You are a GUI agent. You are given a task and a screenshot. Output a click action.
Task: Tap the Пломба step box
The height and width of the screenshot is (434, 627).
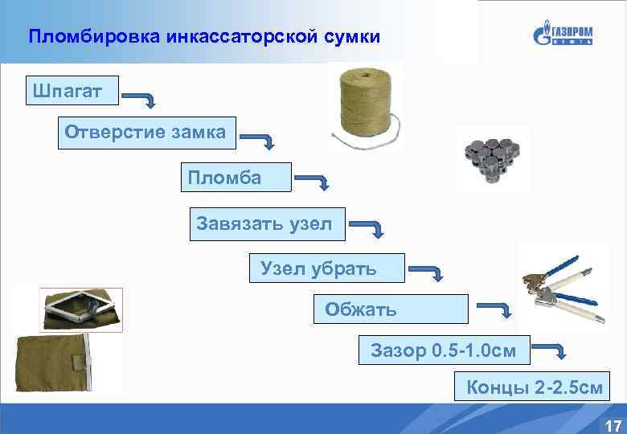[236, 178]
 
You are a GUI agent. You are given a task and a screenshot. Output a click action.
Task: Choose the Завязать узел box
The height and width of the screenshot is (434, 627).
[267, 223]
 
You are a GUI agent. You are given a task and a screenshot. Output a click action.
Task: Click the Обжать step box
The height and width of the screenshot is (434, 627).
[390, 309]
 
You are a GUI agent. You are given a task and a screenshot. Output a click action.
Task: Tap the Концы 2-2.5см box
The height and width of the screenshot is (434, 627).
[532, 388]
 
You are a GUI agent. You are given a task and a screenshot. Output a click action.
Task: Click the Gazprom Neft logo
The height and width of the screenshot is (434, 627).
[563, 35]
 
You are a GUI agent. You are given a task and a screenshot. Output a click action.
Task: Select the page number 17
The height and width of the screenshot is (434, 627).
[612, 425]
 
